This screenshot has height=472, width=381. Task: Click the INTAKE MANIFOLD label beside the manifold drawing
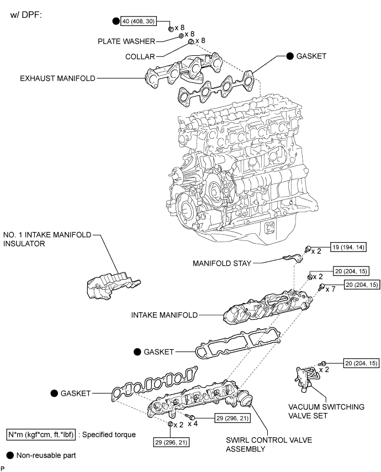tap(164, 316)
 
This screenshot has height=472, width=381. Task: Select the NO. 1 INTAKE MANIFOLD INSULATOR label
tap(47, 238)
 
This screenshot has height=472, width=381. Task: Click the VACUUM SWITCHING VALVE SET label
tap(331, 412)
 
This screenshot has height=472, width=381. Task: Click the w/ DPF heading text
tap(27, 14)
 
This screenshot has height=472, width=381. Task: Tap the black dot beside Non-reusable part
tap(10, 456)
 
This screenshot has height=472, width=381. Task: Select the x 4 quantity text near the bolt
tap(193, 424)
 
